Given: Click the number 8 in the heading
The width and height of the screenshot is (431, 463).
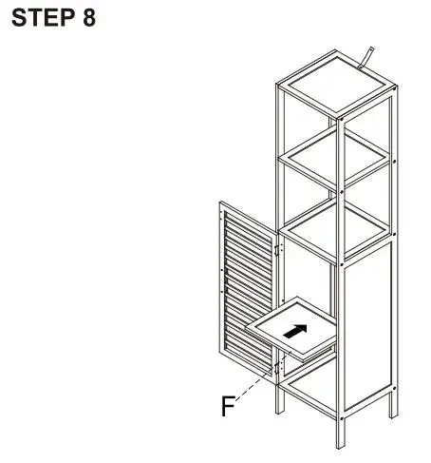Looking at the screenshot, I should click(87, 18).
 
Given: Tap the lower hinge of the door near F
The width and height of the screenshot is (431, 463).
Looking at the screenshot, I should click(276, 366).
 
